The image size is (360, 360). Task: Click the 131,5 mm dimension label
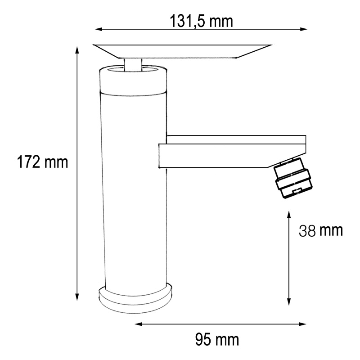(x=201, y=20)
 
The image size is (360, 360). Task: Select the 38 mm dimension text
(x=321, y=231)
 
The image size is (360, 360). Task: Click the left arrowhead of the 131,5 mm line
(x=98, y=29)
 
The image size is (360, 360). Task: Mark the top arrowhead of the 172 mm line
(x=77, y=49)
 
